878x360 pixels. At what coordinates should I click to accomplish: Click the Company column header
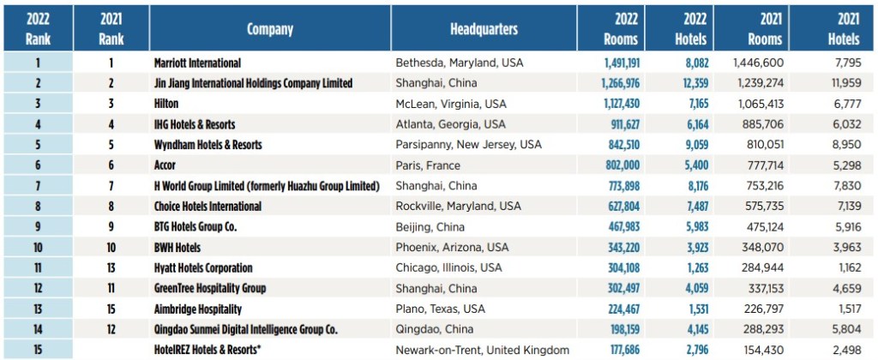270,29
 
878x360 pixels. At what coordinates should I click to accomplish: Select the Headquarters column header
484,29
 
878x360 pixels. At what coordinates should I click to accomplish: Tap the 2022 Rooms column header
616,28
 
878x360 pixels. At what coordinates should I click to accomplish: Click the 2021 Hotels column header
844,28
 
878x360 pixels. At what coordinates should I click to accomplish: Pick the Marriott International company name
197,63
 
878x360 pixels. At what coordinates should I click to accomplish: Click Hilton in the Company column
168,104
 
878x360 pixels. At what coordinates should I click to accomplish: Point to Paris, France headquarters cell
428,165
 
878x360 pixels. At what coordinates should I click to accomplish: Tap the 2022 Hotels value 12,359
687,83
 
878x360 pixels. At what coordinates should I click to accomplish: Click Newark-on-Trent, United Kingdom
482,350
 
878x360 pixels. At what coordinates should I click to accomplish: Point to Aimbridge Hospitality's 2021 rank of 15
111,309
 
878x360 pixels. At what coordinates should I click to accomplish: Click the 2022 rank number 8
38,207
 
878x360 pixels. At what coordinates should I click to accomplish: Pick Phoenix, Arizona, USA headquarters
452,248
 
